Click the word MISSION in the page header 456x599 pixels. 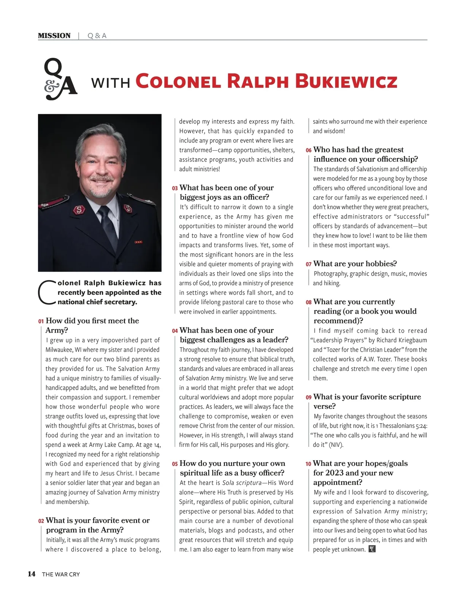(54, 36)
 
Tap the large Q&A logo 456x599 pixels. (60, 79)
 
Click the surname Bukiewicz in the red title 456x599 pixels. (346, 81)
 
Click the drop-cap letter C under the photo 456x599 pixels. (47, 292)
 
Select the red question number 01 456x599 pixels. (41, 321)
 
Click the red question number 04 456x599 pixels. (175, 331)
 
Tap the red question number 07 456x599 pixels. (309, 264)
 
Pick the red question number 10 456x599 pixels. (308, 464)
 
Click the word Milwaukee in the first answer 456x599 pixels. (59, 350)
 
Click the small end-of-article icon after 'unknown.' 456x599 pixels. (372, 549)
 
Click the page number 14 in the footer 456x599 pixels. (32, 574)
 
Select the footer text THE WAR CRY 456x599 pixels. (61, 574)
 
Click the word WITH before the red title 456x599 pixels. (111, 83)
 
